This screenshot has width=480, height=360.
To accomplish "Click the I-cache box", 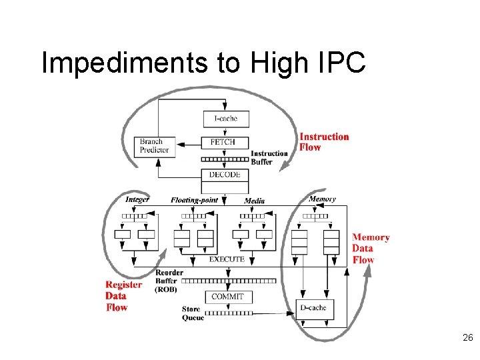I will click(x=226, y=119).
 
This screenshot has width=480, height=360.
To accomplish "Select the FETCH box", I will click(x=225, y=142).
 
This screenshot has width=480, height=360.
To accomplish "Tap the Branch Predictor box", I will click(x=154, y=146).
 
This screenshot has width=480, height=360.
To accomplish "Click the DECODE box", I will click(x=225, y=175).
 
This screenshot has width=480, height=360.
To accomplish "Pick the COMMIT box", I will click(x=227, y=297).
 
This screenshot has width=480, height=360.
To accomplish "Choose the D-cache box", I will click(x=314, y=308).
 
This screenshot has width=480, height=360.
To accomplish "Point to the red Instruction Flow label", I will click(x=324, y=142).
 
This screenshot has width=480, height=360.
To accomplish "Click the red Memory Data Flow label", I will click(x=371, y=249).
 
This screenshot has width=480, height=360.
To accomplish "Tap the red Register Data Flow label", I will click(x=123, y=296).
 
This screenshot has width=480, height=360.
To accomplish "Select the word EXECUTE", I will click(x=227, y=259).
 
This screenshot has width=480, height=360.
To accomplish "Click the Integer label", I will click(x=137, y=199).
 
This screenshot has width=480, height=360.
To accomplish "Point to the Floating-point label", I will click(x=194, y=200).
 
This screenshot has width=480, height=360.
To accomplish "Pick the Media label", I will click(x=254, y=201).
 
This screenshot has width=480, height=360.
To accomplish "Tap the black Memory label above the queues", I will click(x=322, y=199).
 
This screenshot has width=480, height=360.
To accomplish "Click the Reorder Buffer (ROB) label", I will click(x=169, y=281).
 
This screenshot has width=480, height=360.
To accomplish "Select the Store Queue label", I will click(x=193, y=313).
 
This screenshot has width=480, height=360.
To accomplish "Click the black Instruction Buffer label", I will click(x=269, y=157).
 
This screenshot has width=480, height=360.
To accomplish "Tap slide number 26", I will click(x=467, y=339).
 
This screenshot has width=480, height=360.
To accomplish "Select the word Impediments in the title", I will click(x=124, y=63).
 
